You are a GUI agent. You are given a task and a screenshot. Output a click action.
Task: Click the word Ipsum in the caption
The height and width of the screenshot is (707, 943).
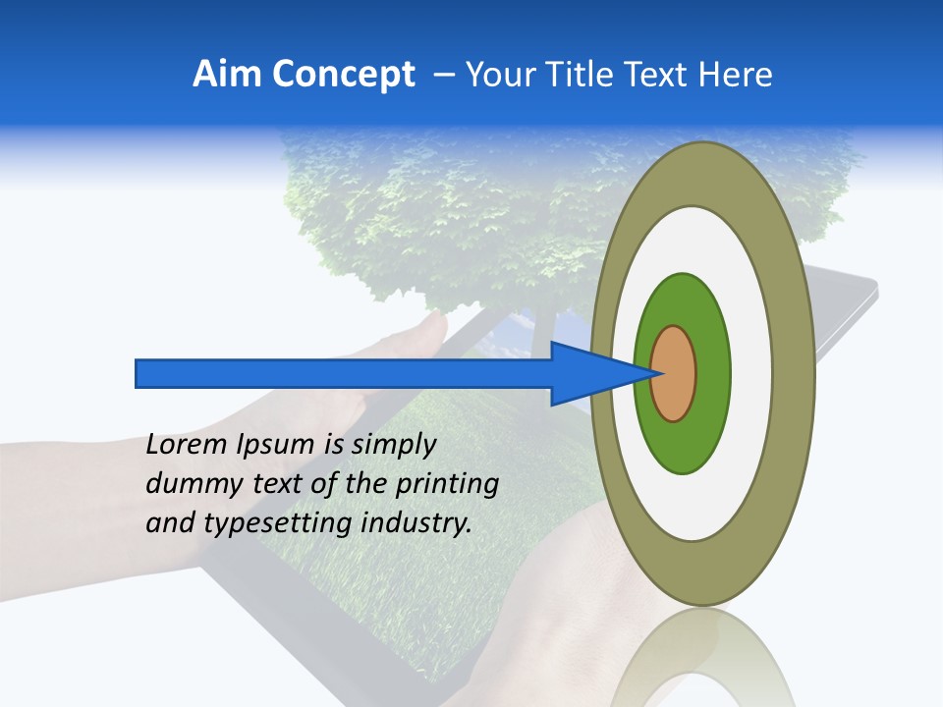276,445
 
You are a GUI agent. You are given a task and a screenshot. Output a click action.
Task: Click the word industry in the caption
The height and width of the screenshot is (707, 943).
412,523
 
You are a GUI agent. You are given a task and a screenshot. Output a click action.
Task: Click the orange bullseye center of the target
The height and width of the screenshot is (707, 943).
675,374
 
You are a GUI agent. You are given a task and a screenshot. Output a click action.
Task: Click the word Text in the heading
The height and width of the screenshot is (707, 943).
660,75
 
